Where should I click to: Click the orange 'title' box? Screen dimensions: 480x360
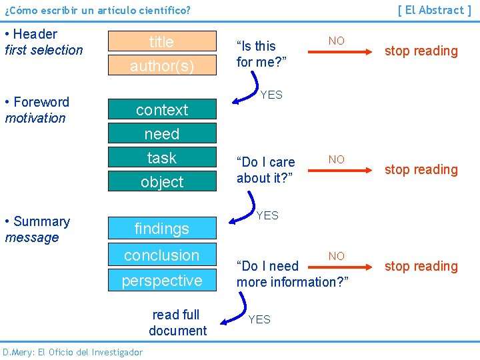(162, 42)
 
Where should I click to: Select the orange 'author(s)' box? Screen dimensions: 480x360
(162, 66)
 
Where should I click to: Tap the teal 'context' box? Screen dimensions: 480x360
(162, 110)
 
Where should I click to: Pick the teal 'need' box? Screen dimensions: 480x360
(162, 134)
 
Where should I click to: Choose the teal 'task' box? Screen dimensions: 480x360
(162, 158)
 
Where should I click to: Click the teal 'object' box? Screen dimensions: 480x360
(162, 181)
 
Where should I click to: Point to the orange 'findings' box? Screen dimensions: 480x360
(162, 229)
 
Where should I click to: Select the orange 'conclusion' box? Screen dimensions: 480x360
(162, 255)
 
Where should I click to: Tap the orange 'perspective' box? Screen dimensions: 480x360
(162, 281)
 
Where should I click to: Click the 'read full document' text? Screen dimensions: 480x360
(177, 323)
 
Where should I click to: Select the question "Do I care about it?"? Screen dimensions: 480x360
(265, 170)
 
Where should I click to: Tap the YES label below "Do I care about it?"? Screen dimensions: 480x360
(267, 215)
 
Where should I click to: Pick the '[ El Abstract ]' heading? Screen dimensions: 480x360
(434, 10)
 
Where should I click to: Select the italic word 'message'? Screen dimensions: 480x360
(32, 237)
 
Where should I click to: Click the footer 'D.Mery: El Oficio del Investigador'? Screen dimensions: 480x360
(72, 352)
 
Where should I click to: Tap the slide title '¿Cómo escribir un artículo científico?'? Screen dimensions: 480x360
(97, 11)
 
